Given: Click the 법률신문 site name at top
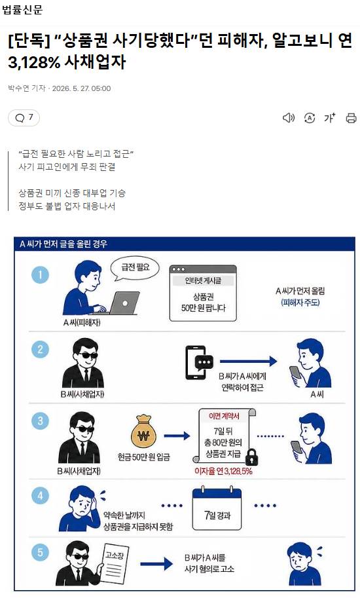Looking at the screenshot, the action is tap(22, 9).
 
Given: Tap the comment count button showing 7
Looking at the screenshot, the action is tap(24, 118).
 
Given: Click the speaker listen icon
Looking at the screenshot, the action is tap(289, 118).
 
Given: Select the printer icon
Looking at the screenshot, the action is tap(351, 118).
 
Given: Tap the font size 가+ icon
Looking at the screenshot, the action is tap(330, 118).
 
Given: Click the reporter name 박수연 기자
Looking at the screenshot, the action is tap(27, 88).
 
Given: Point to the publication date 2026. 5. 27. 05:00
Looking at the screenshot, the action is tap(81, 88).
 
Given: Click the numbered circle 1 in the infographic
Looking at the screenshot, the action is tap(40, 274).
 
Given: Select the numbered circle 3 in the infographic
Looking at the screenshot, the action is tap(40, 421).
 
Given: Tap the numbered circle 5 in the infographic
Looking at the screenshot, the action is tap(40, 553).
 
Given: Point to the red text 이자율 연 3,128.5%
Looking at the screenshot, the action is tap(223, 471).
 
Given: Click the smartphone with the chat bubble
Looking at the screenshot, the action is tap(199, 362).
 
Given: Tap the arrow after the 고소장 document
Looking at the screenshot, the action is tap(156, 564).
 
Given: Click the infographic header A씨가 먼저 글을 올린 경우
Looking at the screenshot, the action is tap(63, 244).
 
